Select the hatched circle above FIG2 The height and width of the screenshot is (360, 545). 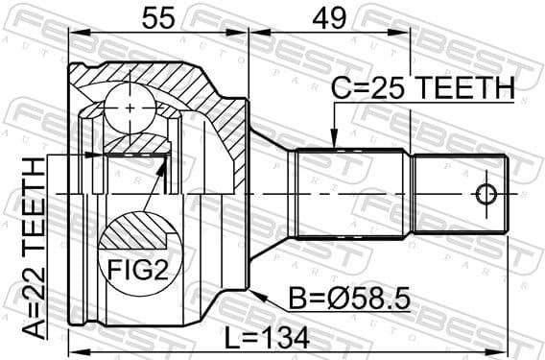point(133,232)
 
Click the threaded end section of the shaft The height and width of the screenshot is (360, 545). point(462,195)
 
